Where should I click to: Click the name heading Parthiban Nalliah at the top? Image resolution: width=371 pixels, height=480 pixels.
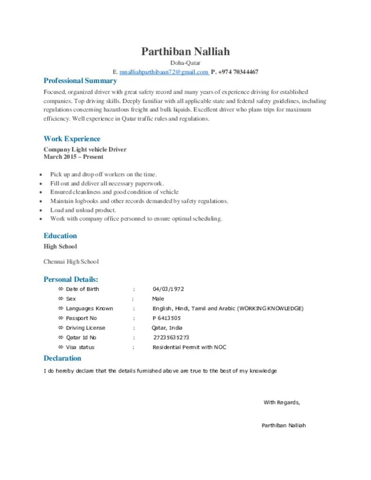(x=185, y=51)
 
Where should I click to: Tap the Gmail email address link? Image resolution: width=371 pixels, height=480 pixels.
(x=164, y=72)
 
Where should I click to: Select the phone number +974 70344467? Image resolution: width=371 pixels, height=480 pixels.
(x=238, y=72)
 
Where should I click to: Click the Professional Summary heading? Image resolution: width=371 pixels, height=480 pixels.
(x=80, y=81)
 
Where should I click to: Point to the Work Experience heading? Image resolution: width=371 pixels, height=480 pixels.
(x=72, y=139)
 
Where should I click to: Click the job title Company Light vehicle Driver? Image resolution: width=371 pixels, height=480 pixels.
(x=85, y=150)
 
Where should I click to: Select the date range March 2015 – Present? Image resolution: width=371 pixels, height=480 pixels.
(x=74, y=157)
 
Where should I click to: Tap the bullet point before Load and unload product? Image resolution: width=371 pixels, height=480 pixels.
(x=41, y=210)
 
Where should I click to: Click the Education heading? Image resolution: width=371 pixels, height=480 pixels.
(x=60, y=236)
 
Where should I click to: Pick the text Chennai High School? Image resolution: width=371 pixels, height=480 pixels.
(x=71, y=262)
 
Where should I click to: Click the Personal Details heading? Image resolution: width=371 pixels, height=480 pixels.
(x=71, y=279)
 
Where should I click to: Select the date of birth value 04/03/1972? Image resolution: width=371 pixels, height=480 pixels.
(x=168, y=289)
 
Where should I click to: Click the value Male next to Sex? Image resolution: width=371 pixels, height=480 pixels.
(x=158, y=299)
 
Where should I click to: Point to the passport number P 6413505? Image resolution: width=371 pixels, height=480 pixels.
(x=167, y=318)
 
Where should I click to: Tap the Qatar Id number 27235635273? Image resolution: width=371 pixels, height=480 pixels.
(x=171, y=337)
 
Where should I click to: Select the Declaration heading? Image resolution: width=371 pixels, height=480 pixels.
(x=62, y=358)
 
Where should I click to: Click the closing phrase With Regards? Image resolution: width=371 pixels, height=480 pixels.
(x=281, y=403)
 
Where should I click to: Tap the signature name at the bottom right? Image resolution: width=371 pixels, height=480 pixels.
(x=284, y=426)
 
